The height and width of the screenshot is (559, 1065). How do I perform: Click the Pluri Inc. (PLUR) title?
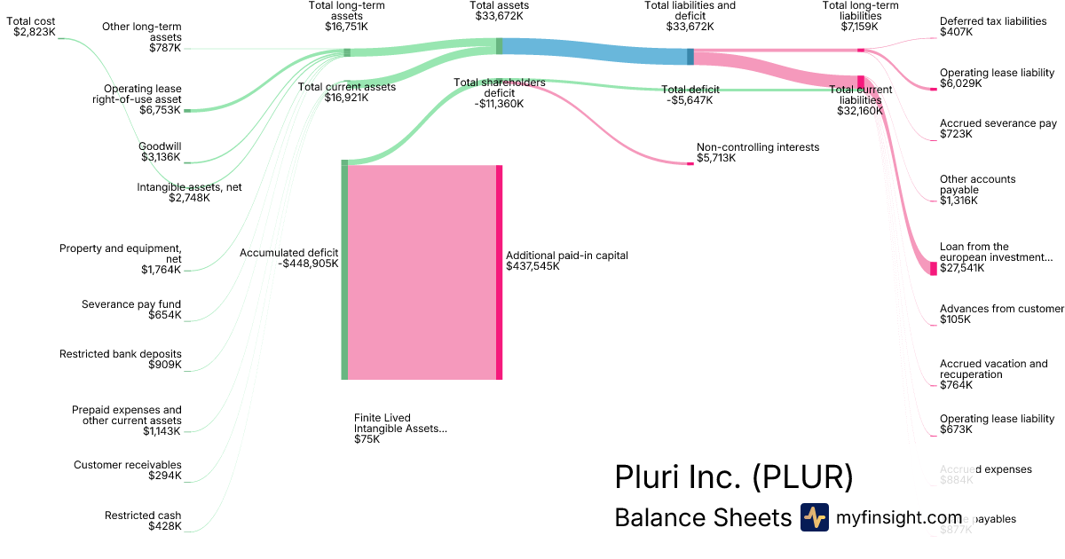pos(733,477)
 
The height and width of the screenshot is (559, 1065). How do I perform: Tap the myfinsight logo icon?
pos(814,517)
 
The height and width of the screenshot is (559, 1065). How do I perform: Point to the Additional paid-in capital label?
pos(566,260)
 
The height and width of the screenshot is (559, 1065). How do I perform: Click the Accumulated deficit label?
pos(288,258)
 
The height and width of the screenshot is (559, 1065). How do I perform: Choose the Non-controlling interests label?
pos(757,153)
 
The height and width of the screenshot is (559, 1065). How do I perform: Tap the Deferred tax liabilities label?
pos(992,27)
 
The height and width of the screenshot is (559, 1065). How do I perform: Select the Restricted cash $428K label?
pos(143,521)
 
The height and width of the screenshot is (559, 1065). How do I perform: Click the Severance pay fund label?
pos(131,310)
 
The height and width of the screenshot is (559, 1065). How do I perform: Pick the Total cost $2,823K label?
pos(34,26)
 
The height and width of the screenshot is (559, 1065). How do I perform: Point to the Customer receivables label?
pos(128,470)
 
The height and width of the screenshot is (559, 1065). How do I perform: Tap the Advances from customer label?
pos(1001,314)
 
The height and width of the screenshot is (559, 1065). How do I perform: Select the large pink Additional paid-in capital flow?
pos(422,272)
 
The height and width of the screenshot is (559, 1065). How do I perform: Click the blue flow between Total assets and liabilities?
pos(595,51)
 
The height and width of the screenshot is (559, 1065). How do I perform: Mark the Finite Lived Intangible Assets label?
pos(400,428)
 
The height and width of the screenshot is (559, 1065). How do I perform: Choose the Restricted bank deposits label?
pos(121,359)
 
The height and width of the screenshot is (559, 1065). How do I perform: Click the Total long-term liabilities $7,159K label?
pos(860,16)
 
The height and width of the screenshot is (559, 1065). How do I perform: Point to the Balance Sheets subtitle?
pos(702,517)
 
